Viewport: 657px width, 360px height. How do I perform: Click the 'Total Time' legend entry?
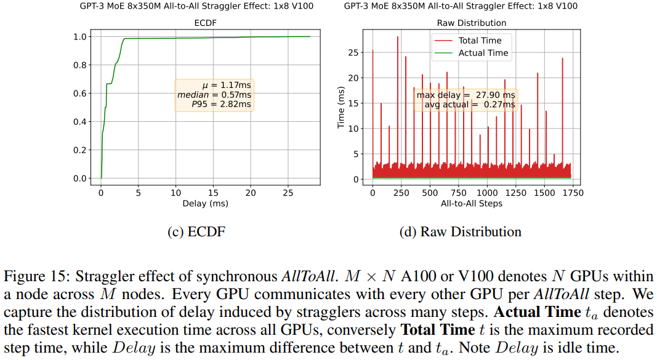point(480,41)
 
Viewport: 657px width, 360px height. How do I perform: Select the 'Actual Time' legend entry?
point(483,53)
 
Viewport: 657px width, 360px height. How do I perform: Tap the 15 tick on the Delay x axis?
point(214,193)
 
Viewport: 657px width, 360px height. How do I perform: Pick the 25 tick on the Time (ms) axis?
point(353,52)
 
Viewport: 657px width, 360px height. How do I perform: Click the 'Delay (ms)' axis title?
point(205,203)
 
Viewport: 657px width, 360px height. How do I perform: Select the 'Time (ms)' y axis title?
point(342,108)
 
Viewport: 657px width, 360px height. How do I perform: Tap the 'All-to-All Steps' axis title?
point(472,203)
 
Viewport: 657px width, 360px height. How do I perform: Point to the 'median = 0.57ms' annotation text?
point(214,95)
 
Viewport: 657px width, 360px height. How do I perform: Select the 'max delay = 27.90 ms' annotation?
point(466,95)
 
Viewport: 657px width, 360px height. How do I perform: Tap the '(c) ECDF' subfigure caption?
point(196,232)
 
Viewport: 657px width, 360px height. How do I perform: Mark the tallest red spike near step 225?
point(398,38)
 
